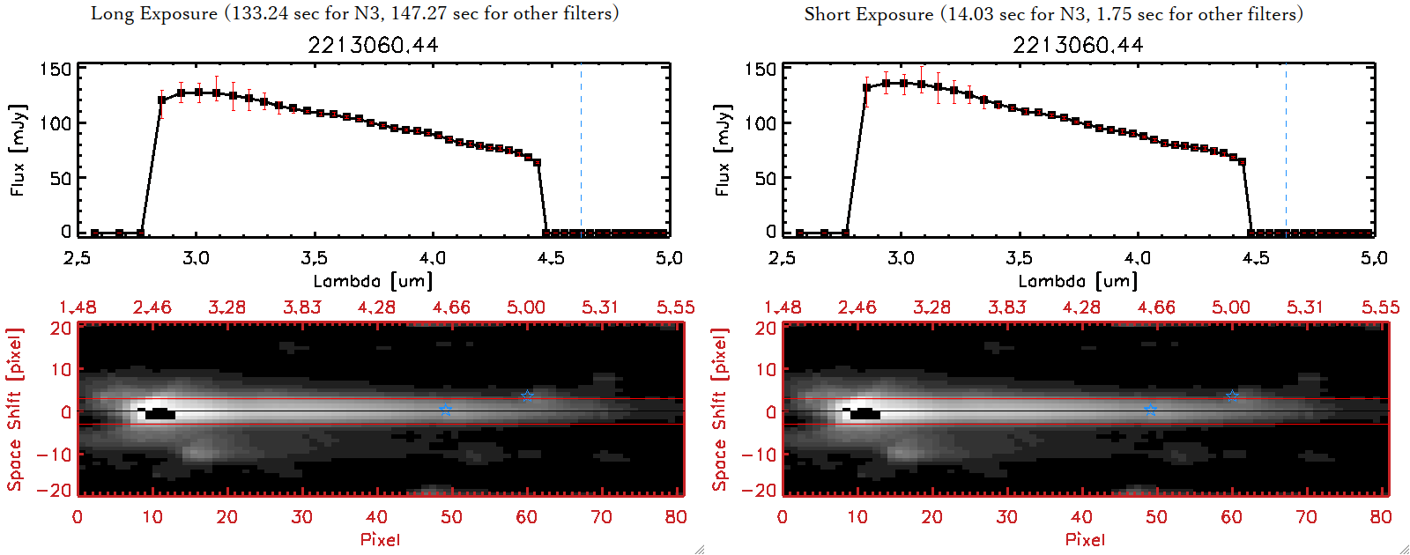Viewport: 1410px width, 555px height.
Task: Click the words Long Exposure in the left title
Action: point(154,13)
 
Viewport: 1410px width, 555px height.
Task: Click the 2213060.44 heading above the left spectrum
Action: point(373,45)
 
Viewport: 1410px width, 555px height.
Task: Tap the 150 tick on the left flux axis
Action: point(55,69)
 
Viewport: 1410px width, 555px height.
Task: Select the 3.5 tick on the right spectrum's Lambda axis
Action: point(1020,258)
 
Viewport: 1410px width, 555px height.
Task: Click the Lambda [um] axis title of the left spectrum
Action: point(373,281)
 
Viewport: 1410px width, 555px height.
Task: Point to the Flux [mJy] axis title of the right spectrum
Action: point(723,150)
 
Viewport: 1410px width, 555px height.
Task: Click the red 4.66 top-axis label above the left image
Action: point(451,307)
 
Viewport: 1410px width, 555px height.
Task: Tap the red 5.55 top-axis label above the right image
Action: point(1380,307)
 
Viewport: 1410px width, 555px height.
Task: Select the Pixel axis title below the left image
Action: point(380,539)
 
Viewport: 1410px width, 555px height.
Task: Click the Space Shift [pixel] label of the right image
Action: point(720,409)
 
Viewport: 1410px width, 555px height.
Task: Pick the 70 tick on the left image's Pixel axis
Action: point(601,517)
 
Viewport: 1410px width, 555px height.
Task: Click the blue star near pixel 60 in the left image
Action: point(527,396)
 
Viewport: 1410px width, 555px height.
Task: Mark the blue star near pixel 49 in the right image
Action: point(1150,410)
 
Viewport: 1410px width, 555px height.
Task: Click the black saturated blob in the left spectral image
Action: point(160,413)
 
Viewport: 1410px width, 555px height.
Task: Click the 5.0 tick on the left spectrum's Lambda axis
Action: point(669,258)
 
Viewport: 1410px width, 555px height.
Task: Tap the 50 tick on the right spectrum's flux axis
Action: point(765,178)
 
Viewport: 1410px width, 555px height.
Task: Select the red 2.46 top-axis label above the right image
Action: point(857,307)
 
